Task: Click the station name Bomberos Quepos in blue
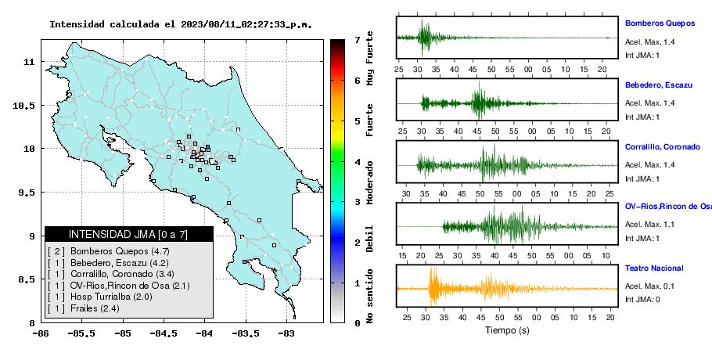[660, 23]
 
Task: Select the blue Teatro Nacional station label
[654, 268]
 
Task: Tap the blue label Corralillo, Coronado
[663, 147]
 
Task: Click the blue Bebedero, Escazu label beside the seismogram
[659, 85]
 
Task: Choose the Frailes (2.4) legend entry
[95, 308]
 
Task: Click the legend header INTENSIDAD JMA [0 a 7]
[128, 234]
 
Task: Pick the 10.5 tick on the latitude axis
[23, 106]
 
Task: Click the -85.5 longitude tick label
[82, 334]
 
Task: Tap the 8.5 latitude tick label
[27, 279]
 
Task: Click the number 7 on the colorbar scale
[358, 40]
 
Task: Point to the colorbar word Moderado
[369, 182]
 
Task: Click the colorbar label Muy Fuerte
[369, 58]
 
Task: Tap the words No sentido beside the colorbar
[369, 296]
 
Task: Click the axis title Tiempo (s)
[507, 330]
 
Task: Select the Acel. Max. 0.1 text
[649, 286]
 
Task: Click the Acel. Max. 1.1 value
[649, 225]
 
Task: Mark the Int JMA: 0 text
[642, 300]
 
